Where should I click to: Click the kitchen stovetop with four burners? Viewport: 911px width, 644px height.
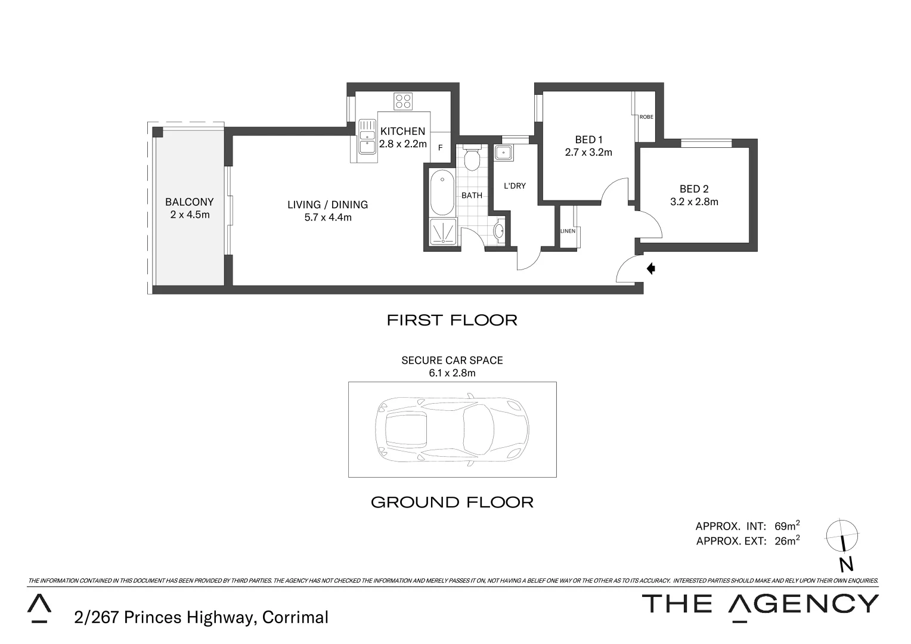pos(403,101)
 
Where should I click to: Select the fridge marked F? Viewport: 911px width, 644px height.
pos(441,148)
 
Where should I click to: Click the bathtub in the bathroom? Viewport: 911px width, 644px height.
pos(442,193)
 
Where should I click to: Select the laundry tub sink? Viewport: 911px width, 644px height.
pos(504,153)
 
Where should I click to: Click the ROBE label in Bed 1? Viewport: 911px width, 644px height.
pos(646,117)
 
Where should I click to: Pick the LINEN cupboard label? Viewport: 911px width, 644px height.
pos(568,231)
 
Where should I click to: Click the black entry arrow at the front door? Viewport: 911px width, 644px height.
pos(651,269)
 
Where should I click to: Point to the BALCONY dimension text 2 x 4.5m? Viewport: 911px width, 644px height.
pos(190,215)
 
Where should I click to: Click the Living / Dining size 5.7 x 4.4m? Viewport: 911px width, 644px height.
pos(328,218)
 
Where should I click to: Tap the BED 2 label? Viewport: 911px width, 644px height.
pos(694,189)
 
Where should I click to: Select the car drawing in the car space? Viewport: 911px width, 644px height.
pos(452,429)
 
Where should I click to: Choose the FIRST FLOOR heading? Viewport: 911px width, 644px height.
pos(452,320)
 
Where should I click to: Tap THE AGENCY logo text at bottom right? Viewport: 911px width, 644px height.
pos(760,604)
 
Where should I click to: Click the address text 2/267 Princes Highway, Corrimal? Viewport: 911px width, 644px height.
pos(202,617)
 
